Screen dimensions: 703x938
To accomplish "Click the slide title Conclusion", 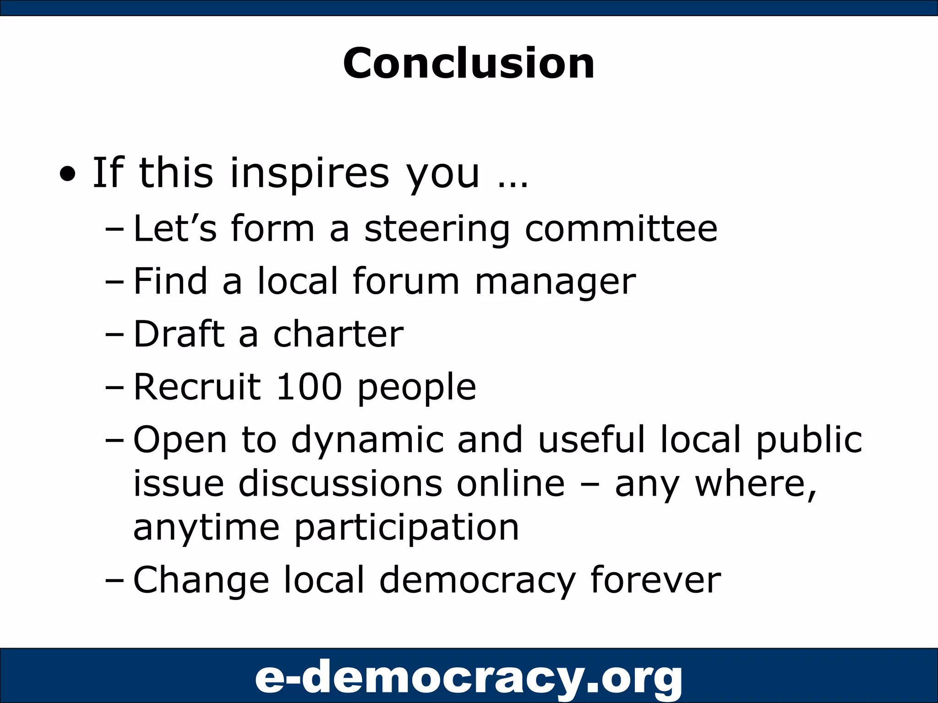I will point(469,63).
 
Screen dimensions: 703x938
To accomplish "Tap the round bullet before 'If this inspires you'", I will point(68,175).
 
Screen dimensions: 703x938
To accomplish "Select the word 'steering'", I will point(436,229).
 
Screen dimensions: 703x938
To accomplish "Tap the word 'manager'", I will point(555,282).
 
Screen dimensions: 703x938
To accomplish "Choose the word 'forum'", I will point(406,281).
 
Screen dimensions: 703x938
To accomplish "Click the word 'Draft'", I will point(179,334).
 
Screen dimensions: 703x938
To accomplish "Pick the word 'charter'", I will point(338,334).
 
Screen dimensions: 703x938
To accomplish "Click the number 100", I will point(309,387).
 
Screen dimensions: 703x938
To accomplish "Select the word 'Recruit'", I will point(197,387).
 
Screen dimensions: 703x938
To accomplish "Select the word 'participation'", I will point(407,528).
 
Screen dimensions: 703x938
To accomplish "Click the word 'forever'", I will point(655,580).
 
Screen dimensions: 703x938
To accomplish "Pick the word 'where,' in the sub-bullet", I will point(756,484).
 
